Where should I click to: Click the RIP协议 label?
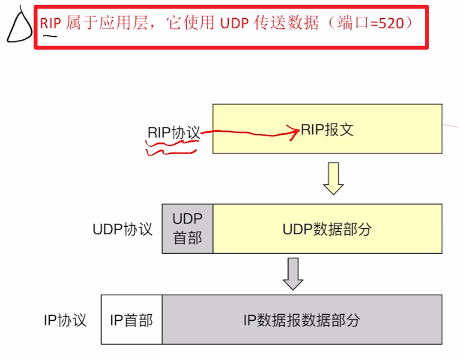tap(174, 133)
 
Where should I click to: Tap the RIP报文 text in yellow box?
tap(327, 130)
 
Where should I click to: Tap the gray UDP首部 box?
tap(187, 228)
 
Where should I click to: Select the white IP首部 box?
tap(132, 320)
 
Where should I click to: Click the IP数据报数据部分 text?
tap(301, 320)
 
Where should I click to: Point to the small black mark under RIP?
tap(50, 36)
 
